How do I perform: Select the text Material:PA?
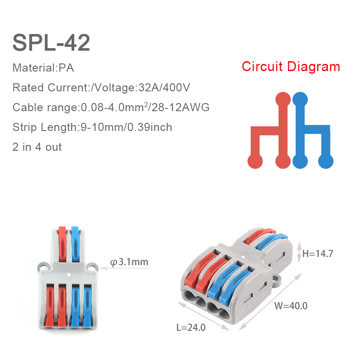[x=43, y=68]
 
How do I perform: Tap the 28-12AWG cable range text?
[x=185, y=108]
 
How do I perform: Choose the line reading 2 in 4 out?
[x=37, y=147]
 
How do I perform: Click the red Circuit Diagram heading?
[x=291, y=67]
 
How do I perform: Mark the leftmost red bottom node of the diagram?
[x=255, y=161]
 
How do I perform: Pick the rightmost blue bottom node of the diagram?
[x=326, y=161]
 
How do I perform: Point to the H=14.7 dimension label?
[x=318, y=254]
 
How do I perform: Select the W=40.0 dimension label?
[x=291, y=306]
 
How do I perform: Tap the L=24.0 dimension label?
[x=191, y=328]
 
